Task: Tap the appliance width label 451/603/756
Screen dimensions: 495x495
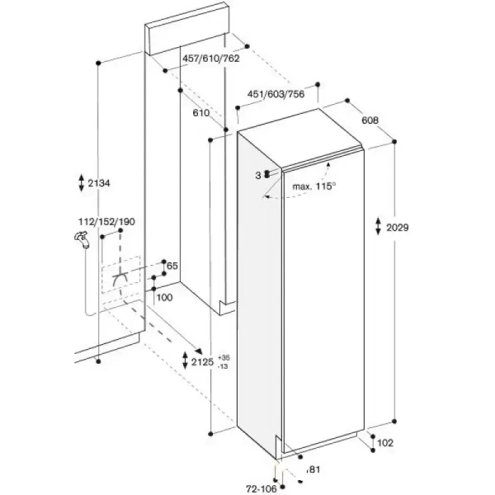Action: coord(276,94)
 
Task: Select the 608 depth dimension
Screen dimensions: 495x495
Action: coord(370,120)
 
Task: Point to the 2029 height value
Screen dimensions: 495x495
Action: coord(398,228)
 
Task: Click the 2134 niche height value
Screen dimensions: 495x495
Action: coord(99,183)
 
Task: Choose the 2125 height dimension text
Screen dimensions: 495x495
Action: coord(202,362)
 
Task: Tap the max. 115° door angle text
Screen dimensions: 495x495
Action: coord(314,186)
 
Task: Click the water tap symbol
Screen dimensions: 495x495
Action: coord(82,239)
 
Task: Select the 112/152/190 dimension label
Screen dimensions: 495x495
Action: coord(106,222)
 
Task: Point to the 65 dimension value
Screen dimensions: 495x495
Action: coord(172,266)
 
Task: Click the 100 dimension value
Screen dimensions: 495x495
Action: coord(164,297)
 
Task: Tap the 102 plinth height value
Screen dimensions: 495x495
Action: coord(385,443)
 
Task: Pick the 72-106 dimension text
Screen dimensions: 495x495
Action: coord(262,489)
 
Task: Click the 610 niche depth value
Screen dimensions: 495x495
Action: coord(201,113)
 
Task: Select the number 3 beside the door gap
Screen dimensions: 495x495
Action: coord(258,176)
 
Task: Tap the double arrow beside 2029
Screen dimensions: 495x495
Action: coord(378,226)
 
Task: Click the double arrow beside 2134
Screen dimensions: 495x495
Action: coord(82,182)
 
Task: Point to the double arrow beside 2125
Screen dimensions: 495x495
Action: coord(186,361)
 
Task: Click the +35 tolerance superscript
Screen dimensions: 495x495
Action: coord(224,358)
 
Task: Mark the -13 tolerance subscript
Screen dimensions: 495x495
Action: coord(223,366)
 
